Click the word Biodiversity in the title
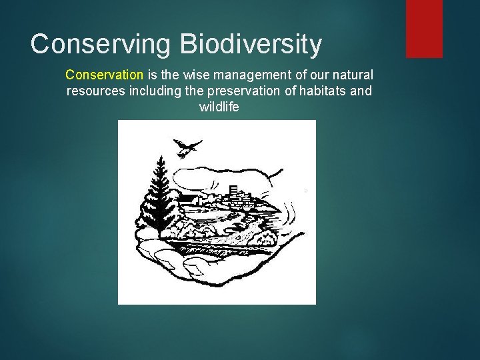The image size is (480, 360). (250, 44)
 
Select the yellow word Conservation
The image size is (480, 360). (104, 75)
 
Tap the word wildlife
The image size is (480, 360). (219, 107)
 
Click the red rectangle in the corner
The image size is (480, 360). (424, 28)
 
